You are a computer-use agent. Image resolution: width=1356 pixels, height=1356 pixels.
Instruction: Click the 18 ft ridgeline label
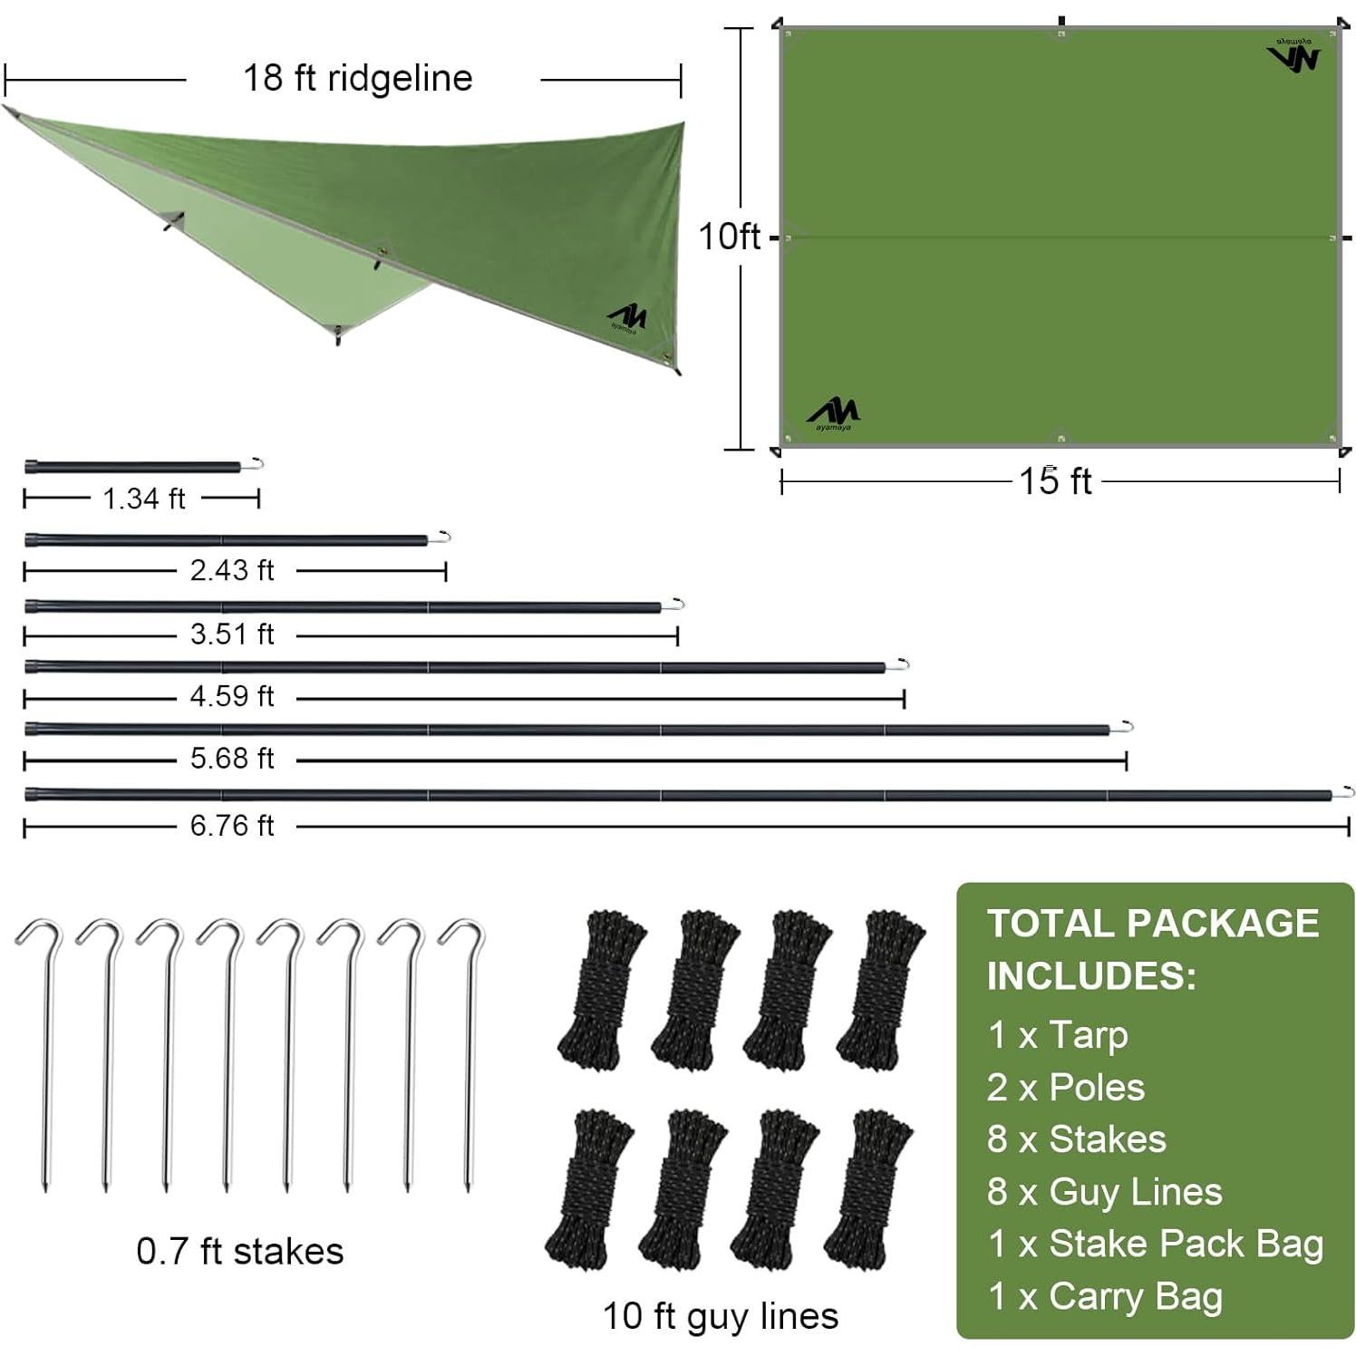click(x=357, y=79)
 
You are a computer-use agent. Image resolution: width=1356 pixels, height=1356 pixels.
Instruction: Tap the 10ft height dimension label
click(x=729, y=237)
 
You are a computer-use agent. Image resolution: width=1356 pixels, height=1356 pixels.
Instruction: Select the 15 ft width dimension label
click(x=1055, y=481)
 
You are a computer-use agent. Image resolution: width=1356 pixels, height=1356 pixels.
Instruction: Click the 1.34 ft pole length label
click(x=143, y=499)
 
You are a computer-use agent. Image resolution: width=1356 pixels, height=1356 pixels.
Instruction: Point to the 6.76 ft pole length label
click(x=231, y=826)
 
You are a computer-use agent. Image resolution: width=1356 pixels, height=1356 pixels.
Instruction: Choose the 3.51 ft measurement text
click(x=231, y=634)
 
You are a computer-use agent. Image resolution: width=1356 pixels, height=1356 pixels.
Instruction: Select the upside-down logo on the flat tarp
click(x=1293, y=55)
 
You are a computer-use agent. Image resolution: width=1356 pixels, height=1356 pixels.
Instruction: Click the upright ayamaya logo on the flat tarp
click(x=832, y=414)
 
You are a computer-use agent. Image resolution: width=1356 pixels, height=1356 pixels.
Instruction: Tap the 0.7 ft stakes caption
click(x=239, y=1252)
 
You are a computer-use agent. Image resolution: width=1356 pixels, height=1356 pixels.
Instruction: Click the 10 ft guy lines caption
click(x=721, y=1316)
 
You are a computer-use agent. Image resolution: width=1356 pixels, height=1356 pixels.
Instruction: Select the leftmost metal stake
click(x=42, y=1051)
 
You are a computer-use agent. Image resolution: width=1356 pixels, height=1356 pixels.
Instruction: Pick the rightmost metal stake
click(x=465, y=1051)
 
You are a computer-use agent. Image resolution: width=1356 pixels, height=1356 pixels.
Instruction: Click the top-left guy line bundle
click(x=599, y=988)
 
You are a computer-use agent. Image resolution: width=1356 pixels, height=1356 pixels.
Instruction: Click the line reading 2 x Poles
click(x=1065, y=1088)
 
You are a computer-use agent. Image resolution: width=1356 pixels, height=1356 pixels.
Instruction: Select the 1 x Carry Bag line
click(x=1104, y=1296)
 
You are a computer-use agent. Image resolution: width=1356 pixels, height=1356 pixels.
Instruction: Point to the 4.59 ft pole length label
click(x=231, y=696)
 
